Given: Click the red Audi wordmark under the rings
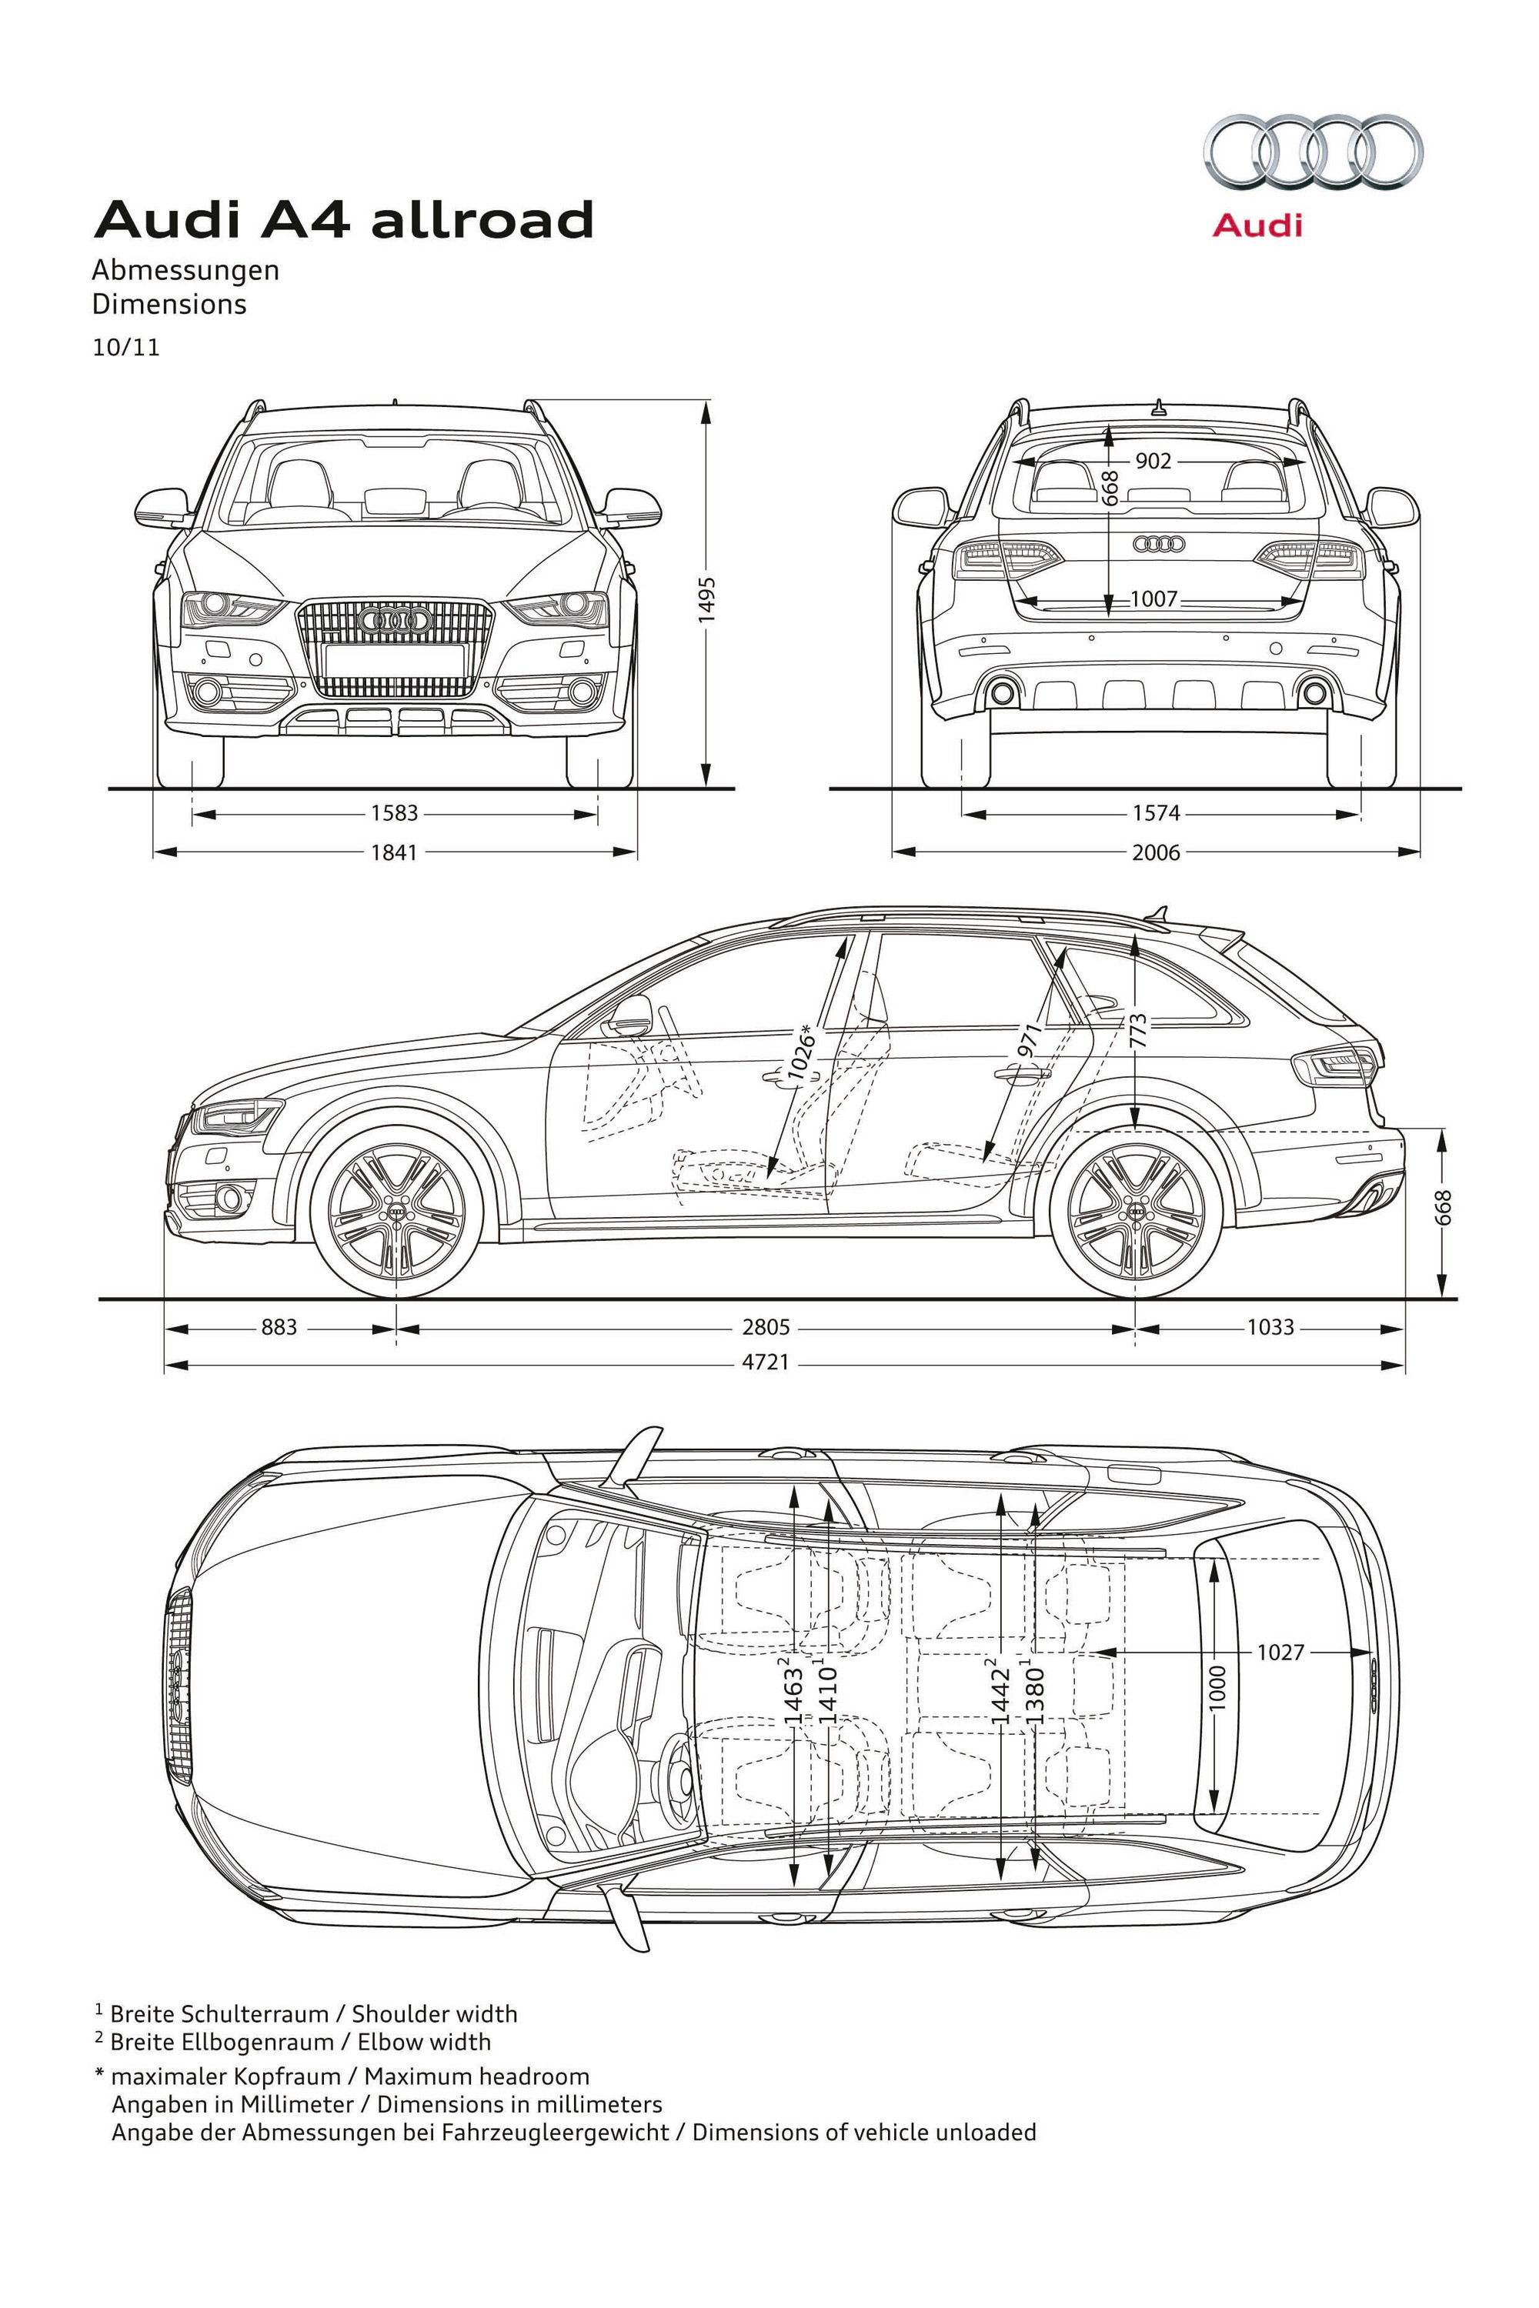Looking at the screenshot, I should click(x=1257, y=225).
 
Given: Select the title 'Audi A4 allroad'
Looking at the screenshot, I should click(x=343, y=218).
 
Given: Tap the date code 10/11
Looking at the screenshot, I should click(x=125, y=348).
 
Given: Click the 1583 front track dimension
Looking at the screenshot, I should click(x=395, y=812).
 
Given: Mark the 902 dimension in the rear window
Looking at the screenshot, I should click(x=1153, y=460).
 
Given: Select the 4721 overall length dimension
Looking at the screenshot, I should click(x=766, y=1362).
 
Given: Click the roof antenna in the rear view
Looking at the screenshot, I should click(x=1158, y=407).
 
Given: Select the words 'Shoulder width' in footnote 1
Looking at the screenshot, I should click(x=434, y=2013).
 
